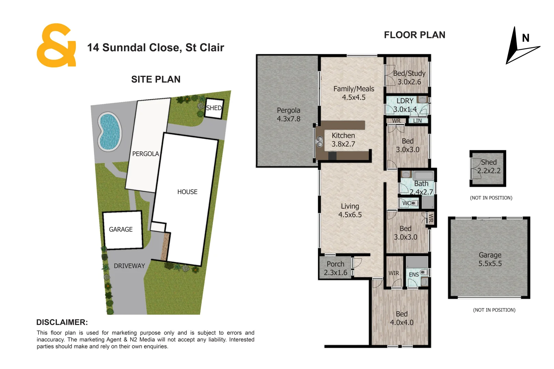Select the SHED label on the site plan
(214, 108)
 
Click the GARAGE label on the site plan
(121, 230)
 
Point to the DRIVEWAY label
(129, 266)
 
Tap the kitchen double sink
(319, 142)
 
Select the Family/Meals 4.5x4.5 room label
(354, 93)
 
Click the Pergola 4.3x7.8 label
(289, 114)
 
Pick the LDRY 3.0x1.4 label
(405, 105)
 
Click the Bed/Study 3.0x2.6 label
(409, 78)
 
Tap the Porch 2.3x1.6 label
(335, 268)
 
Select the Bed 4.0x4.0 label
(402, 318)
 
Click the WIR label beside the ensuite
(394, 273)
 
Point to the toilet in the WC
(414, 203)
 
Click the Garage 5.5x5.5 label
(490, 259)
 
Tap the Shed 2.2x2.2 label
(489, 166)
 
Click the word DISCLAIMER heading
(62, 322)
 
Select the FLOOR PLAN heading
(414, 35)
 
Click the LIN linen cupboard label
(418, 121)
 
